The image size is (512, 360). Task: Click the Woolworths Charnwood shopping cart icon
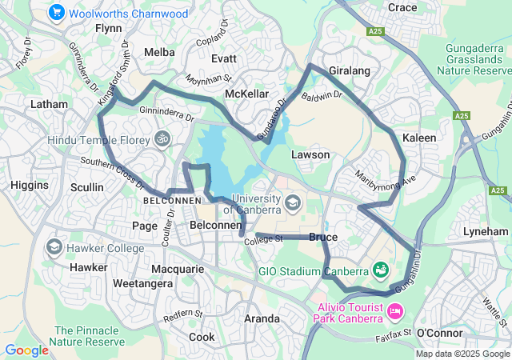tap(56, 13)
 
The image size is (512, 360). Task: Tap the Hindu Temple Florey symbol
tap(163, 138)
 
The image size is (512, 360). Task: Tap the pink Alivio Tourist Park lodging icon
tap(395, 310)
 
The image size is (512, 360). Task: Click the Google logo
tap(26, 350)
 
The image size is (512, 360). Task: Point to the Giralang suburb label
tap(350, 71)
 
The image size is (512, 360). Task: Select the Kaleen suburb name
tap(419, 138)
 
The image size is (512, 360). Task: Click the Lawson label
tap(310, 154)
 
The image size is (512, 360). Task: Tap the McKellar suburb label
tap(246, 94)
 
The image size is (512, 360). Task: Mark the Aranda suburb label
tap(262, 318)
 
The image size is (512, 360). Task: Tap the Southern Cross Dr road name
tap(111, 169)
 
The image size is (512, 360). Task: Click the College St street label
tap(264, 239)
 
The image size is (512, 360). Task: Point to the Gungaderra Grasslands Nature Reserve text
tap(477, 59)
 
